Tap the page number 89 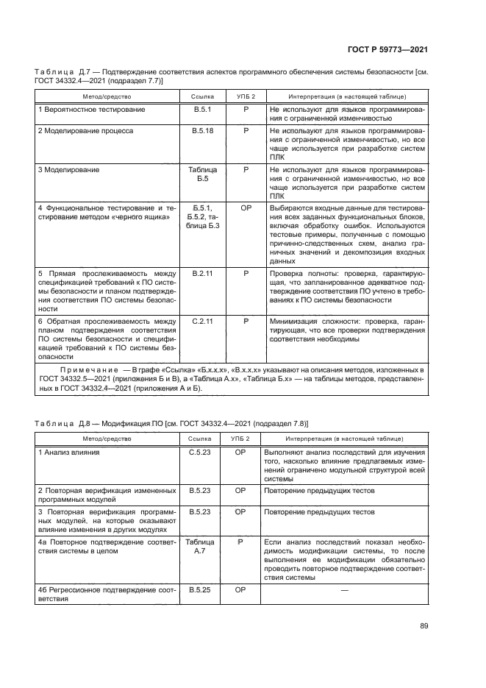click(424, 626)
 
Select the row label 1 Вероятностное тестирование click(91, 109)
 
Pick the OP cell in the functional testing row click(246, 208)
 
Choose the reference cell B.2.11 click(201, 273)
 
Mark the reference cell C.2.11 click(201, 322)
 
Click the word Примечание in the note click(90, 367)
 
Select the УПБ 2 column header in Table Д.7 click(246, 96)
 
